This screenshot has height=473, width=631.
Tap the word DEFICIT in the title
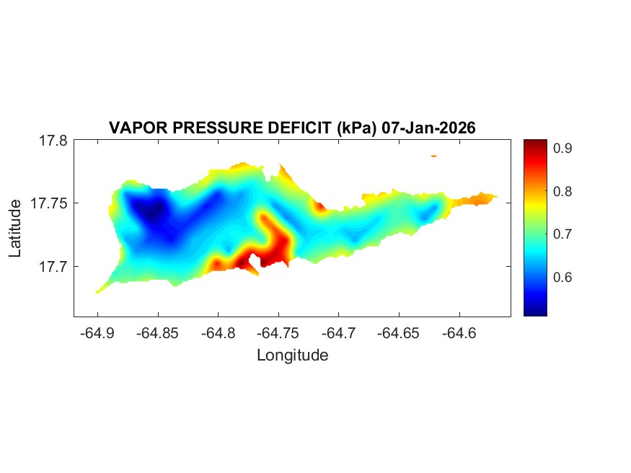coord(297,128)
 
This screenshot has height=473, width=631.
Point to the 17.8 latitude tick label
coord(53,141)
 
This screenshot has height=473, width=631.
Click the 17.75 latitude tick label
coord(50,203)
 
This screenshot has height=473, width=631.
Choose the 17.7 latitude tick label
coord(53,266)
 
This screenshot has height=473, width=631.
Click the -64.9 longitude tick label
coord(98,333)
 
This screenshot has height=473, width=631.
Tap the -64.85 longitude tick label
coord(159,333)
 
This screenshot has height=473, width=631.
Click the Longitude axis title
coord(292,355)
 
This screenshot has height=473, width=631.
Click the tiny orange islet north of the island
coord(434,155)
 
